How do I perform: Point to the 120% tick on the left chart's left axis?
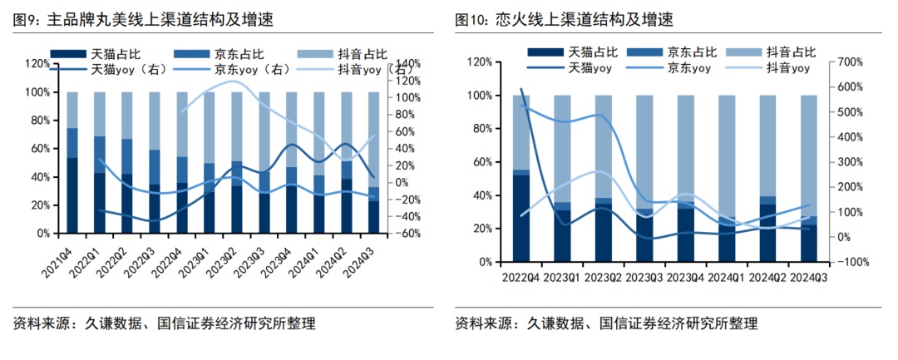point(37,64)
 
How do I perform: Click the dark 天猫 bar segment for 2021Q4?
point(72,195)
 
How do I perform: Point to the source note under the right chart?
point(606,323)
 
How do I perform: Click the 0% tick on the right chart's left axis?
point(483,262)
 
